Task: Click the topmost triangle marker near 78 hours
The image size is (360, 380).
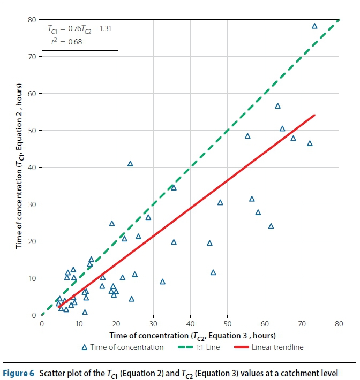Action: tap(314, 26)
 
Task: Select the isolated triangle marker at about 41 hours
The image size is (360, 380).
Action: tap(130, 164)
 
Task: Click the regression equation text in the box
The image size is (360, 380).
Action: tap(79, 27)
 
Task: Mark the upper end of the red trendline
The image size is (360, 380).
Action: tap(314, 115)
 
